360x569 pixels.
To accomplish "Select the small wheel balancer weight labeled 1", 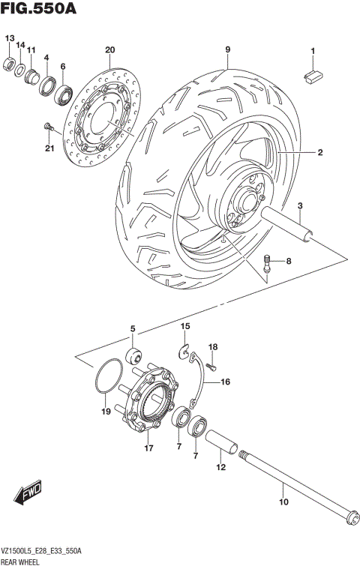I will tap(312, 73).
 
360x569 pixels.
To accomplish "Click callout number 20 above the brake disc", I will tap(109, 50).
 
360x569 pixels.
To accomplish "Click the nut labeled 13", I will tap(10, 62).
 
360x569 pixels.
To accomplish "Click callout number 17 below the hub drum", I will tap(148, 449).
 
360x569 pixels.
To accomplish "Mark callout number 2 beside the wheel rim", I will tap(319, 152).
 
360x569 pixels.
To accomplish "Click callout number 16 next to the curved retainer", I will tap(225, 382).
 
